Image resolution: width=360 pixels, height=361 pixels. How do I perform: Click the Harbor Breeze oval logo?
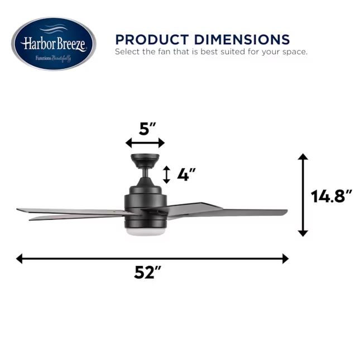(x=54, y=44)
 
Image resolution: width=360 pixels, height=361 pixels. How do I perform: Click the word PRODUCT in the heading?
(x=152, y=39)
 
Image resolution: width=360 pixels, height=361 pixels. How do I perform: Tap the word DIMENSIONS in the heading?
(x=242, y=39)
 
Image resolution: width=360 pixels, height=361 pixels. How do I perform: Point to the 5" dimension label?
(x=147, y=129)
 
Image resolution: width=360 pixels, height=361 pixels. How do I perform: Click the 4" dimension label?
(x=186, y=174)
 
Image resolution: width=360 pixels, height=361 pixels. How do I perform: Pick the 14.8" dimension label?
(x=332, y=196)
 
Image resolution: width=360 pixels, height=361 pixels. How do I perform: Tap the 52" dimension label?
(x=147, y=272)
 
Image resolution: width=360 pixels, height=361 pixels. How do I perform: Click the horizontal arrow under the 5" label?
(x=145, y=143)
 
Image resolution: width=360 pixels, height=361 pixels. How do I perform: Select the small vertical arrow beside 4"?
(x=166, y=175)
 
